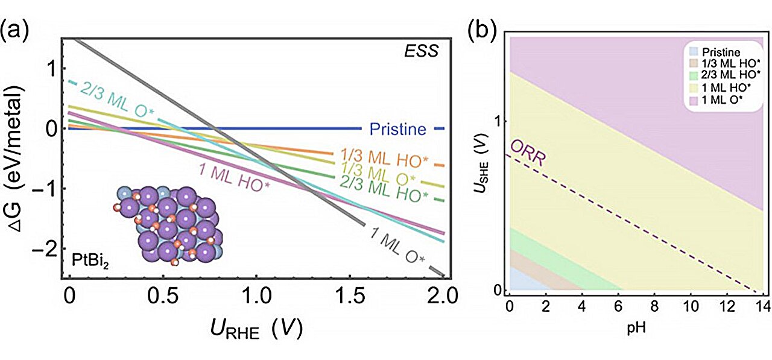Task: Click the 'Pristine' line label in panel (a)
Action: pyautogui.click(x=397, y=129)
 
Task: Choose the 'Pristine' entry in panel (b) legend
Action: pyautogui.click(x=715, y=53)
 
